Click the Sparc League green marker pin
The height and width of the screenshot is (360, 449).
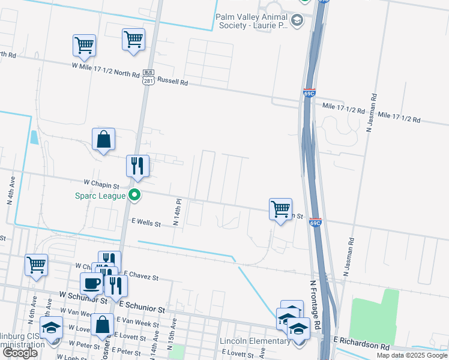click(135, 195)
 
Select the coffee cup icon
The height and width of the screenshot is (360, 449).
click(92, 283)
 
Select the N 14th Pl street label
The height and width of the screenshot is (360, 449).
click(176, 212)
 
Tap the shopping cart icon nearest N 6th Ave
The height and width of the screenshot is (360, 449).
click(37, 264)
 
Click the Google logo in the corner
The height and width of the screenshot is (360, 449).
click(20, 353)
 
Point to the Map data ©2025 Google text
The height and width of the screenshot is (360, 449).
click(412, 355)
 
